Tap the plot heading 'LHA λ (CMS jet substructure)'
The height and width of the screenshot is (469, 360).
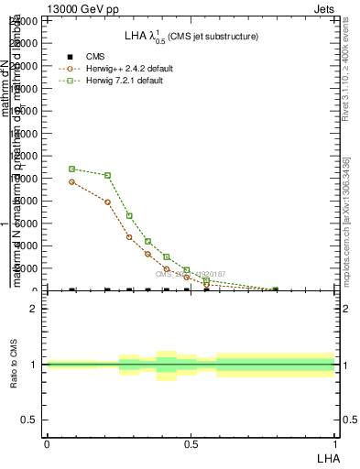(191, 36)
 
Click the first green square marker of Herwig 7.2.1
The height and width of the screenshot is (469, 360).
(72, 169)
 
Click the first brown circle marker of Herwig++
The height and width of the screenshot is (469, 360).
(72, 181)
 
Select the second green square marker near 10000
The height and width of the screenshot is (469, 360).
(108, 175)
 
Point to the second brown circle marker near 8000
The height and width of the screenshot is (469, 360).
(108, 202)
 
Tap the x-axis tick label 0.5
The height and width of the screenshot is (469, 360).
(191, 444)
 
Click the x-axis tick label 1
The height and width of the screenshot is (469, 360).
(334, 444)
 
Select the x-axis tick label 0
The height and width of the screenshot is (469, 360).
(47, 444)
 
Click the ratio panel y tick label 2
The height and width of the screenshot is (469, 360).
(35, 309)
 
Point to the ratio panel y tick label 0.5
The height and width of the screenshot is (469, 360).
(29, 420)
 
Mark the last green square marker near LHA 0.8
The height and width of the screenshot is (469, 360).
(276, 289)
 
